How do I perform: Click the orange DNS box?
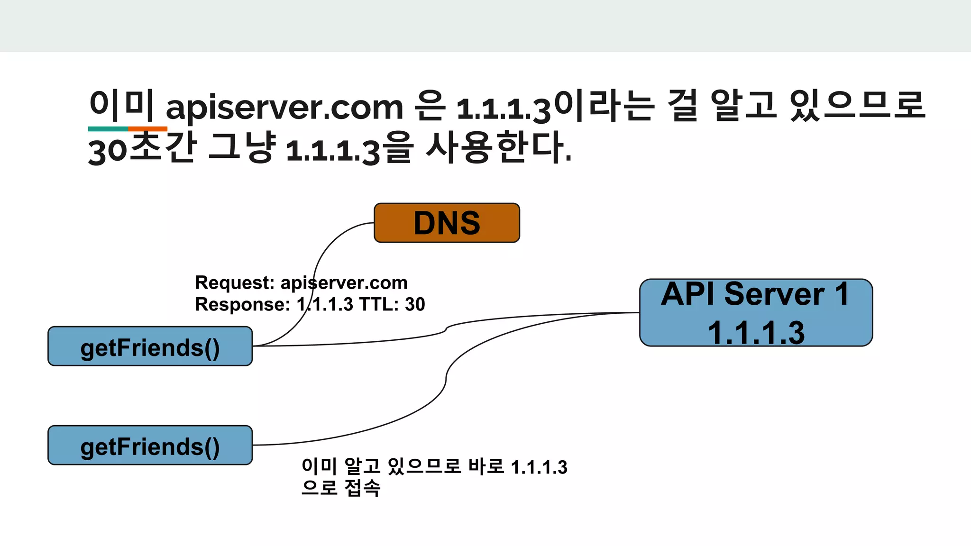447,223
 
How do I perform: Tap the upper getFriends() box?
150,346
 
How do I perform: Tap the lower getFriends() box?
150,446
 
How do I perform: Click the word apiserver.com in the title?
284,107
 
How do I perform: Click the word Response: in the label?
242,304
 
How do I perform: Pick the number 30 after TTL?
415,304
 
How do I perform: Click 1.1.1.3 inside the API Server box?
756,332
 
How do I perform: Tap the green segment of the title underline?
108,129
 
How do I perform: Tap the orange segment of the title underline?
147,129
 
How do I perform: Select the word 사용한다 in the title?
498,148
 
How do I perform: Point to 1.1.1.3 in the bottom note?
539,467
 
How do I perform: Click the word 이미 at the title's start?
121,105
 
